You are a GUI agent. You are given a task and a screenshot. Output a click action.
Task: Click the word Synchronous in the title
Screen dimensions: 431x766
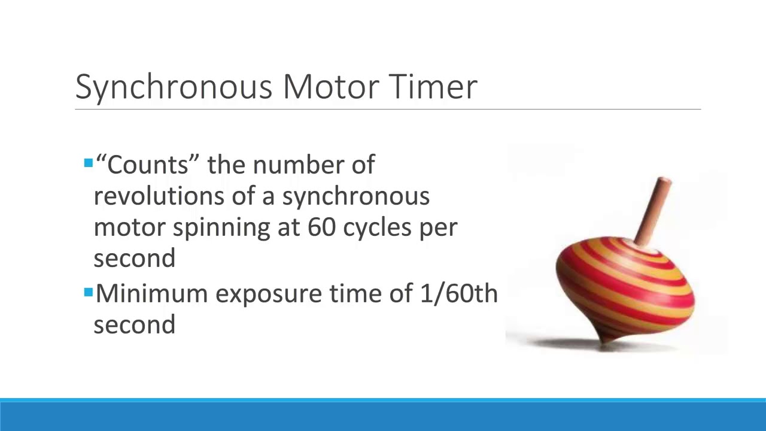pyautogui.click(x=174, y=87)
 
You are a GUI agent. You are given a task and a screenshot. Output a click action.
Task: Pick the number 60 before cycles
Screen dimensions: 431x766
pyautogui.click(x=322, y=227)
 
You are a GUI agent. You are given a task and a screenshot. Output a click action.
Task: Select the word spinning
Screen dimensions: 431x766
pyautogui.click(x=221, y=228)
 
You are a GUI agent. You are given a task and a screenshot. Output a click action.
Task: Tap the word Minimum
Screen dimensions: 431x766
pyautogui.click(x=152, y=294)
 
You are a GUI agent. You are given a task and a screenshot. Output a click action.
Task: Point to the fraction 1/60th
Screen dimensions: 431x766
pyautogui.click(x=458, y=294)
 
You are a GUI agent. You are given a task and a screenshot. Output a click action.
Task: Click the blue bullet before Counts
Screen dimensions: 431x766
pyautogui.click(x=89, y=163)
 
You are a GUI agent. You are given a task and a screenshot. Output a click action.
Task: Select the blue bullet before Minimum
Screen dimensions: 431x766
pyautogui.click(x=89, y=293)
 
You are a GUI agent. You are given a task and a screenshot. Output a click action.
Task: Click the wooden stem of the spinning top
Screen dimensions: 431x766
pyautogui.click(x=653, y=210)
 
